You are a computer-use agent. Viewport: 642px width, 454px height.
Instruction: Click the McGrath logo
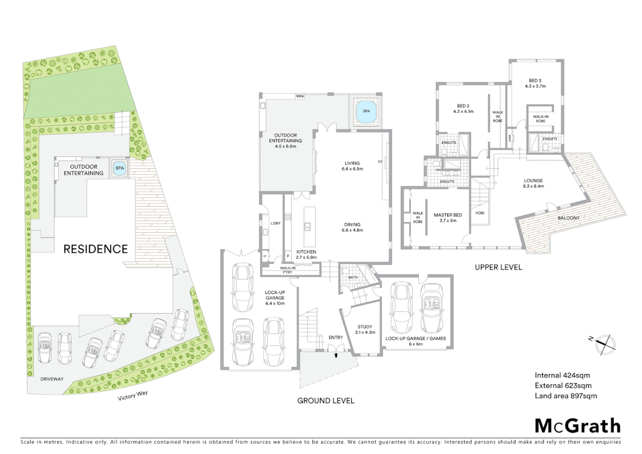[x=577, y=426]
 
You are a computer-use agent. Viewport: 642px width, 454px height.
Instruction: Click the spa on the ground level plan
[x=366, y=111]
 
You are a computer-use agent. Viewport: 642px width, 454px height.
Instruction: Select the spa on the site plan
[x=120, y=168]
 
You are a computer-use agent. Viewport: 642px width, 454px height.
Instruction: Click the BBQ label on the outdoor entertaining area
[x=300, y=96]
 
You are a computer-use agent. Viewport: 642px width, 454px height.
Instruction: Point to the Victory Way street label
[x=133, y=395]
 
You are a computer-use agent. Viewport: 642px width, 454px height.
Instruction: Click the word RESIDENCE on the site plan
[x=95, y=249]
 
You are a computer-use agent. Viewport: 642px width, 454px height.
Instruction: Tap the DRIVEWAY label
[x=52, y=379]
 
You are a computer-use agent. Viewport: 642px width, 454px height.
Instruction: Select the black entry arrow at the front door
[x=336, y=355]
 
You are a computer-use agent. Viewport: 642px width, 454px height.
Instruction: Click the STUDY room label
[x=365, y=327]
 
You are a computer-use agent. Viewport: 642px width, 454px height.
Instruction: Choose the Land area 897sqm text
[x=566, y=396]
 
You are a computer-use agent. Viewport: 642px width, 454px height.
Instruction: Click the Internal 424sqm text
[x=562, y=375]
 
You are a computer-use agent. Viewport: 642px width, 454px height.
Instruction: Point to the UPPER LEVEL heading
[x=498, y=267]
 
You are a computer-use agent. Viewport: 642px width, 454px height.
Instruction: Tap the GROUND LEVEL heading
[x=326, y=401]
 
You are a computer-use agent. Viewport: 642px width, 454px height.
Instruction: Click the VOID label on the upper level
[x=480, y=213]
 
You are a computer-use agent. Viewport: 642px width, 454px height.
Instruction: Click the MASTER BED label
[x=447, y=215]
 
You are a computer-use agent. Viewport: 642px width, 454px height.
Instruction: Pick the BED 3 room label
[x=535, y=81]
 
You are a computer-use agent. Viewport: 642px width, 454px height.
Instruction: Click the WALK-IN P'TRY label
[x=287, y=270]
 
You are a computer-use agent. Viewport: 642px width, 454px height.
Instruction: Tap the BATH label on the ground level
[x=353, y=277]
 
